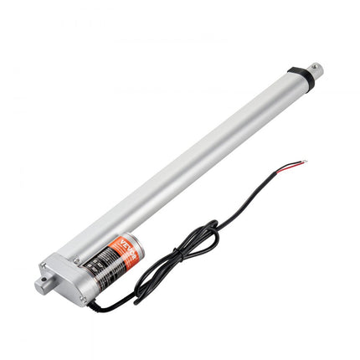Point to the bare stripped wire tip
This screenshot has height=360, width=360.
coord(306,162)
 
